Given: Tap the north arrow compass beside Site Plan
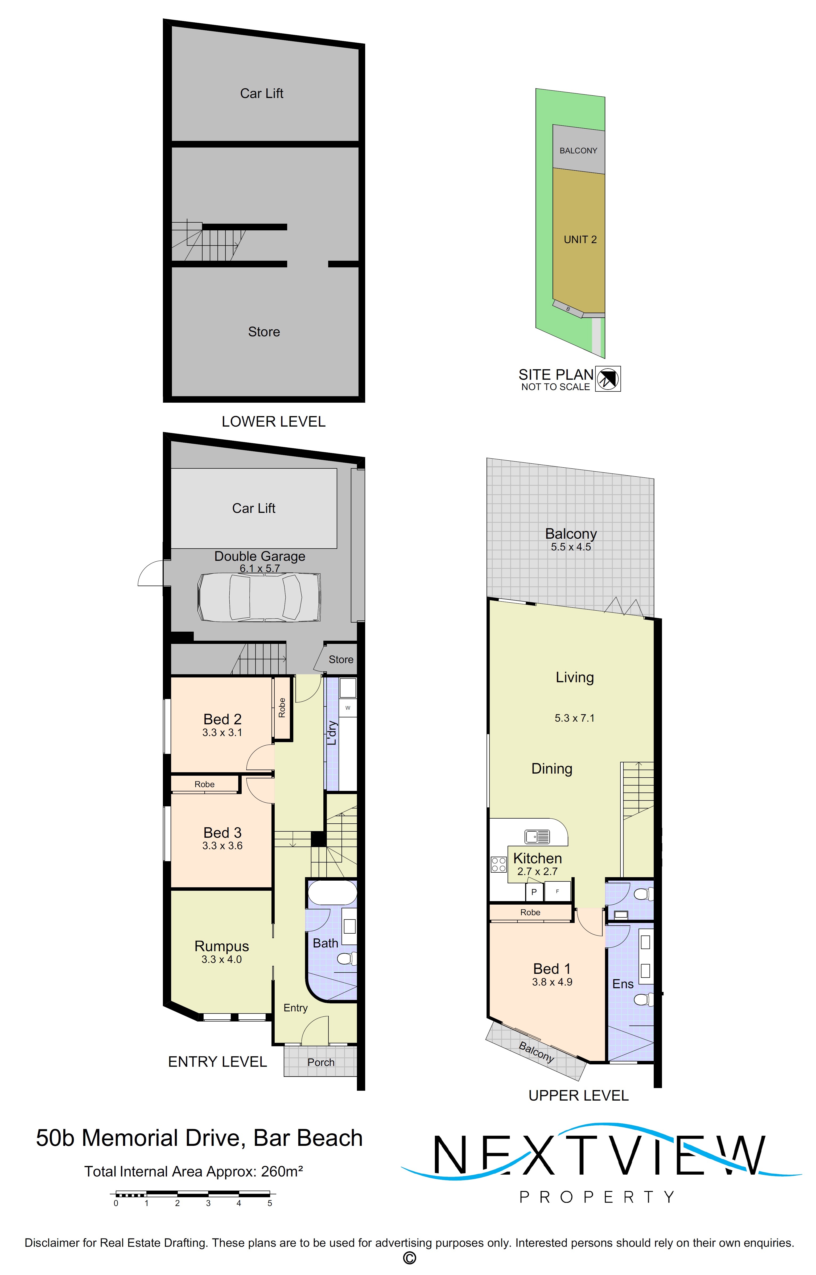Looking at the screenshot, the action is click(608, 379).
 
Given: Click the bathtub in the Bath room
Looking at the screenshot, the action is click(332, 892).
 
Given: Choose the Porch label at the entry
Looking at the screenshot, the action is click(320, 1062).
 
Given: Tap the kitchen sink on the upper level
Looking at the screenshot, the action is click(537, 837).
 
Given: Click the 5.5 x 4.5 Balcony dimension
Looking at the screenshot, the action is click(571, 547).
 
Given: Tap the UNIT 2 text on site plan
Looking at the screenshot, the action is click(580, 240).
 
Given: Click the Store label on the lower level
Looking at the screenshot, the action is click(264, 332).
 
